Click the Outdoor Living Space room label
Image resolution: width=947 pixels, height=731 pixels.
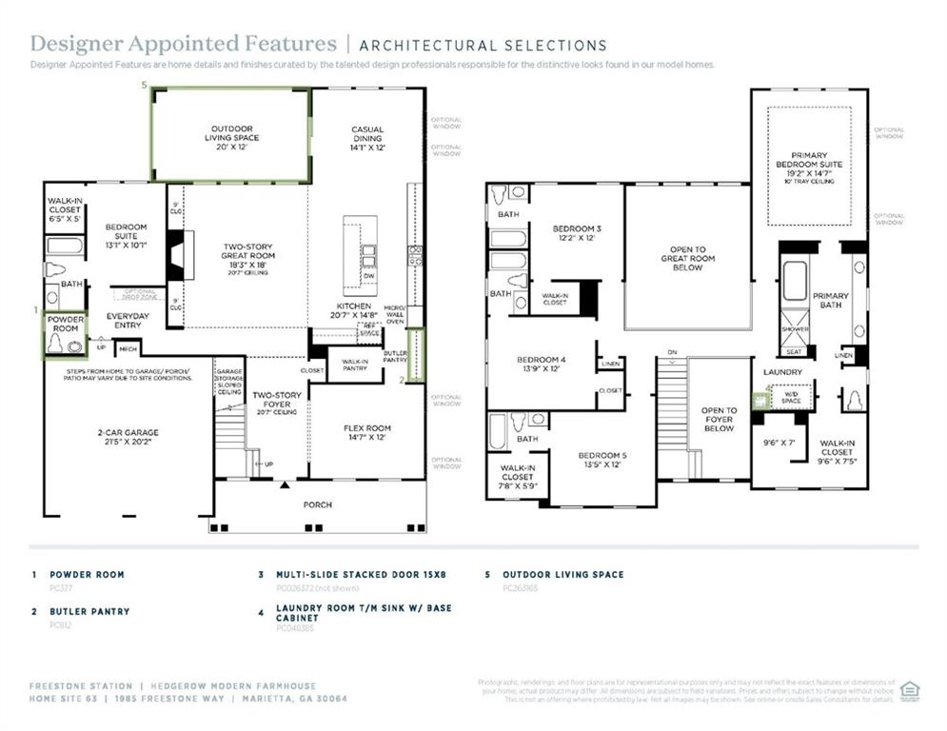(232, 137)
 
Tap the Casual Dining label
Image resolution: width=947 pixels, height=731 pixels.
(367, 138)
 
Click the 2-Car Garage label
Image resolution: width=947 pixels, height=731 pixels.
(128, 438)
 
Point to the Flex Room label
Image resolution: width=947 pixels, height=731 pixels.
(366, 433)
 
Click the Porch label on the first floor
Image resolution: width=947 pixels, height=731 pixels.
(318, 504)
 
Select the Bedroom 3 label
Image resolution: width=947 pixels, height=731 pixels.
(578, 233)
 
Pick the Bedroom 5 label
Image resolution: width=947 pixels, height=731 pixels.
(602, 461)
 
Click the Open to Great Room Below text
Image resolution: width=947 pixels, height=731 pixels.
(687, 259)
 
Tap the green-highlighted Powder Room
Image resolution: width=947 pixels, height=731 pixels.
(66, 334)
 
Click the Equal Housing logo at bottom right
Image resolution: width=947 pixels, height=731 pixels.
(909, 690)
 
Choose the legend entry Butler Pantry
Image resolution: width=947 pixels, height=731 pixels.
(89, 611)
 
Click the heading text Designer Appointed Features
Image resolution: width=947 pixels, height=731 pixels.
(183, 44)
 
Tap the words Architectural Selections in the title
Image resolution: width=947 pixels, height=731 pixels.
(483, 45)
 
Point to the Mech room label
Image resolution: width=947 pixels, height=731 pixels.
(128, 349)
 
